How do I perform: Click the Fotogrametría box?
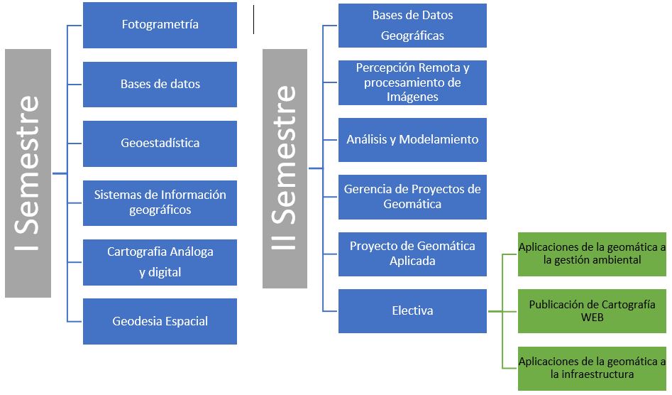(160, 25)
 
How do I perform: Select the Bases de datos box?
(160, 84)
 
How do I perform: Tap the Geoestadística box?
(160, 143)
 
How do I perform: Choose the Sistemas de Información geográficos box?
(160, 202)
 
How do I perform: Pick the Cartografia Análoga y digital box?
(160, 261)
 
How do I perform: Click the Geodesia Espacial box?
(160, 321)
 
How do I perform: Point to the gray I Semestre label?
(28, 173)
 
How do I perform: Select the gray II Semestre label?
(285, 168)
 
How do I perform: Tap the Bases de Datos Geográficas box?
(412, 26)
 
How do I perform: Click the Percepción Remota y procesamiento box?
(412, 82)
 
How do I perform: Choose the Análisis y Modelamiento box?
(412, 140)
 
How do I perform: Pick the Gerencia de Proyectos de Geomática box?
(412, 197)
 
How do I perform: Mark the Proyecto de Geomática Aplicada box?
(412, 254)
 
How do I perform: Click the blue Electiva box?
(412, 311)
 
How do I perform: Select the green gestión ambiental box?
(592, 254)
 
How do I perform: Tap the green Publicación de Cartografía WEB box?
(592, 311)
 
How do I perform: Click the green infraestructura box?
(592, 368)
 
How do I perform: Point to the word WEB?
(592, 318)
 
